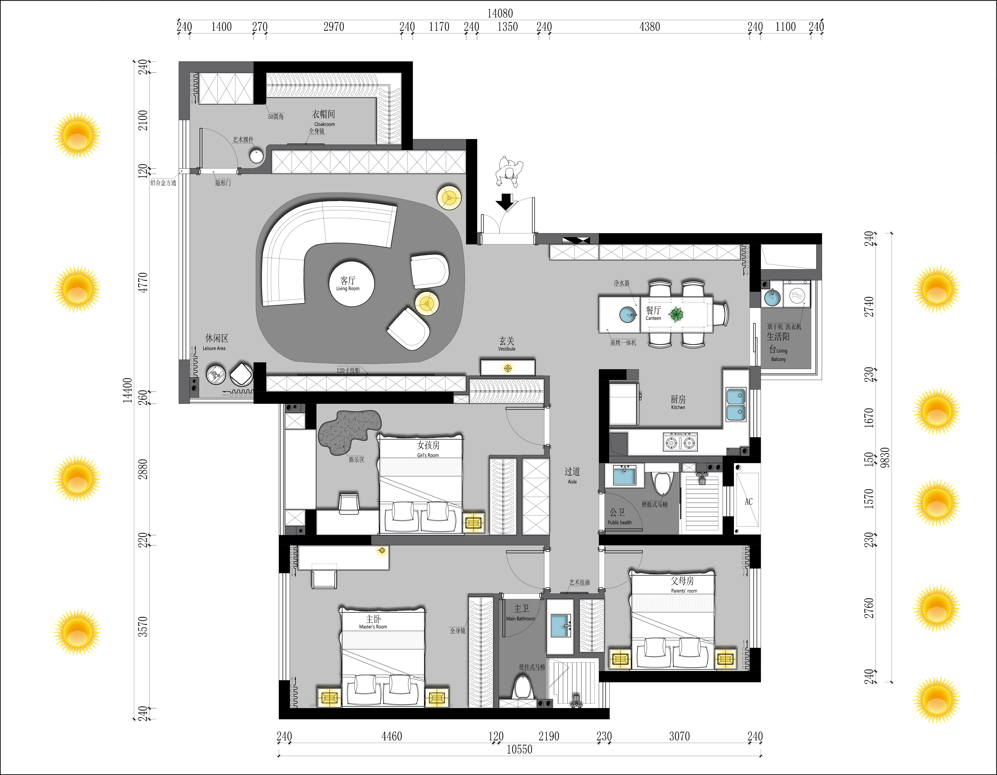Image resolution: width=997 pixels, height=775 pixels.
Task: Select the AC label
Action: [x=749, y=502]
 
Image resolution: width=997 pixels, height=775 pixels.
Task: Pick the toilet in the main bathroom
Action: [x=522, y=687]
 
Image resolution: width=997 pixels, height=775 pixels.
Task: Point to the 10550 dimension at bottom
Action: [x=520, y=749]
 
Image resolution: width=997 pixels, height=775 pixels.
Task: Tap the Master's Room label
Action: [x=373, y=622]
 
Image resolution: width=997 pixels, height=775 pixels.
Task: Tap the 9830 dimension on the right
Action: [x=885, y=457]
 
